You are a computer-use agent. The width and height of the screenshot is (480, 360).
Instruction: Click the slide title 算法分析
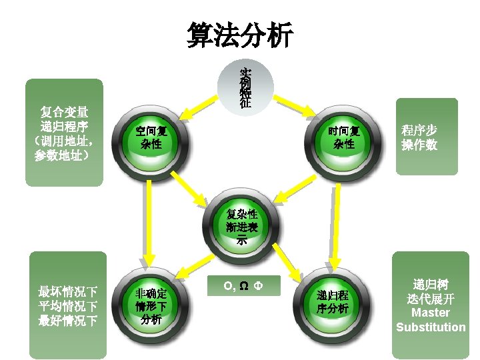click(x=239, y=35)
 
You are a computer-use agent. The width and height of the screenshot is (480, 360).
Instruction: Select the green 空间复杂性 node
click(x=151, y=137)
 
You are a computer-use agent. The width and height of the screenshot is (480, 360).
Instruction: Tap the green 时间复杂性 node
click(x=342, y=137)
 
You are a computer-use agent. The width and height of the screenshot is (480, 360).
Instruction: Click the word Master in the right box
click(x=430, y=313)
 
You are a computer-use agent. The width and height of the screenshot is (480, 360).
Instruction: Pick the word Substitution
click(x=431, y=327)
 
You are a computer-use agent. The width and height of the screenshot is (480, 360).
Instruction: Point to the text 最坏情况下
click(x=68, y=292)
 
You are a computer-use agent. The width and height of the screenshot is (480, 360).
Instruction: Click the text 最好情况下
click(x=68, y=321)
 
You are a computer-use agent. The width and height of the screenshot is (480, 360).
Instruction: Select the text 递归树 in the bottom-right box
click(x=431, y=284)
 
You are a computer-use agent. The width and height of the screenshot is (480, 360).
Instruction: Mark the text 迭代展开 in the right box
click(x=431, y=299)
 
